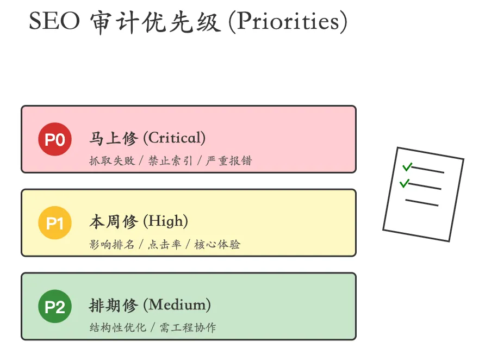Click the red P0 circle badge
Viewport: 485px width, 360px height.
coord(55,140)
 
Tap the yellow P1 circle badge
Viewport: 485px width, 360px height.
coord(55,223)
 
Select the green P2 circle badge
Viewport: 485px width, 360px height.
coord(55,307)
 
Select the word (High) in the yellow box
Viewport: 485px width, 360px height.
coord(165,221)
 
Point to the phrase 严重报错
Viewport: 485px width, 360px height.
coord(229,161)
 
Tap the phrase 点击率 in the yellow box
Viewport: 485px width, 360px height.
coord(164,244)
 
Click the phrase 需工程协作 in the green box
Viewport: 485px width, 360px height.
coord(188,328)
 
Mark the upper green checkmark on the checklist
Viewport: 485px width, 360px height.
coord(407,166)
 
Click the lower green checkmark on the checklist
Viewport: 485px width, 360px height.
coord(404,183)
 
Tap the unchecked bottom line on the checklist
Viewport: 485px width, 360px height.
coord(421,202)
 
